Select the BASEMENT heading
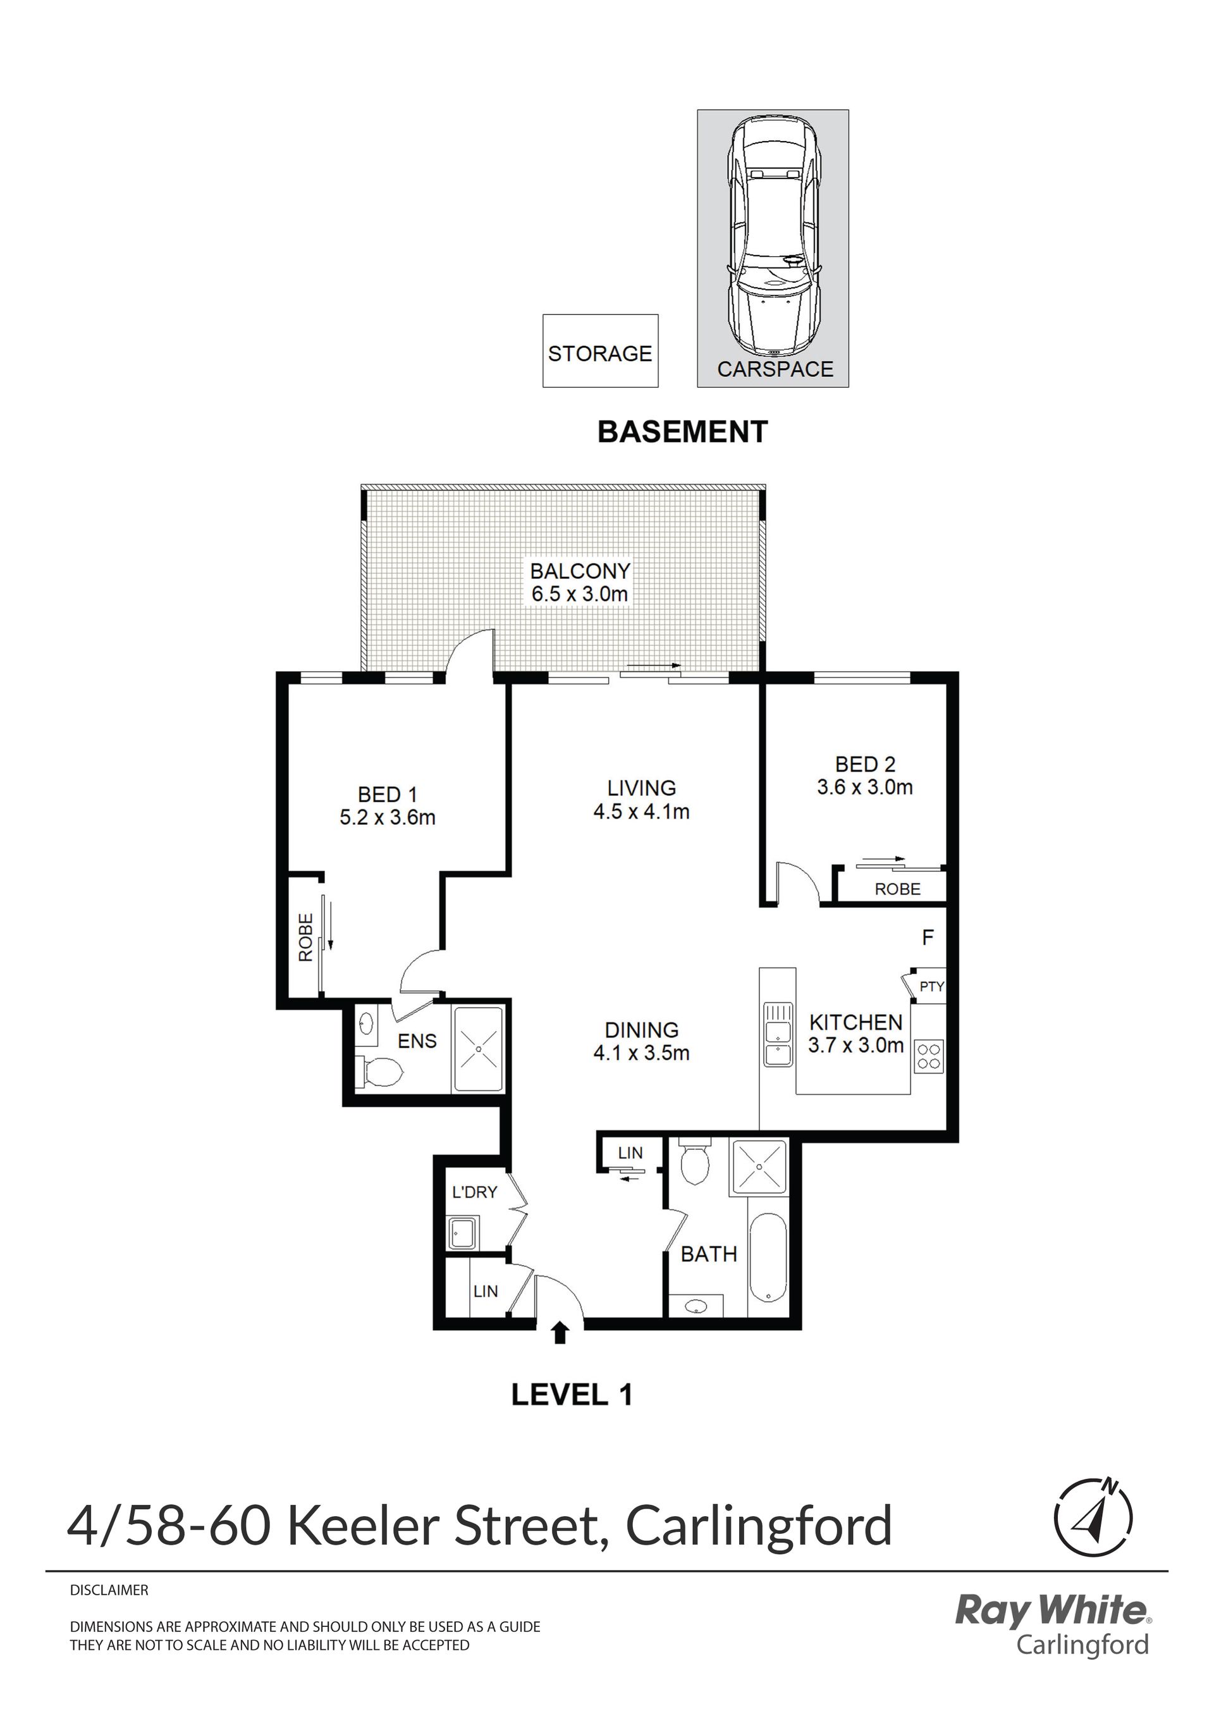(x=683, y=432)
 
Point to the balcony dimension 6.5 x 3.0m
(x=580, y=595)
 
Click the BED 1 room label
(x=388, y=794)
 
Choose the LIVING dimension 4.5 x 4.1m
(x=642, y=811)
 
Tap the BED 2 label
(x=866, y=764)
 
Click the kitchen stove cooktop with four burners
(x=929, y=1056)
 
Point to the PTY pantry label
(x=932, y=986)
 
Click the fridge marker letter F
(x=928, y=937)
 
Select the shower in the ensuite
(x=477, y=1049)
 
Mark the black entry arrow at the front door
(x=560, y=1333)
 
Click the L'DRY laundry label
(x=475, y=1192)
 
